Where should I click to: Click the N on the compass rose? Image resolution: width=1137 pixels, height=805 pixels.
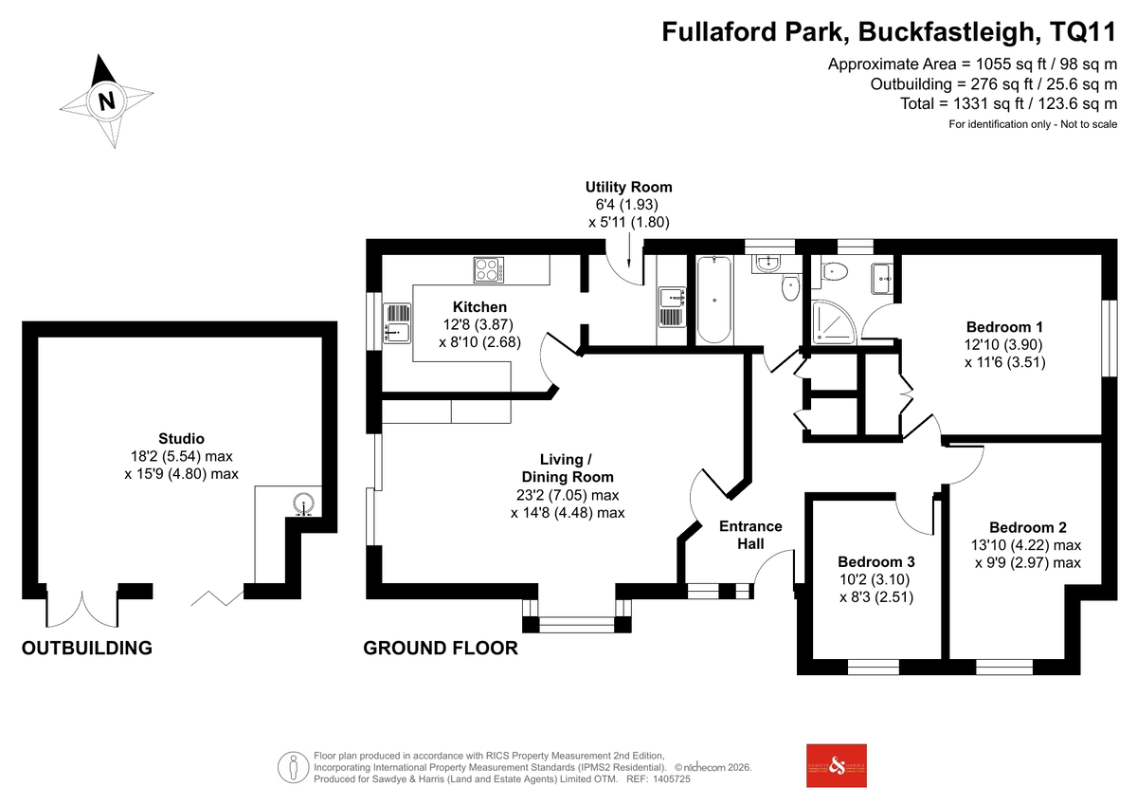106,101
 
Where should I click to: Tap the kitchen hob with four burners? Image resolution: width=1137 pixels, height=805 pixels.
489,269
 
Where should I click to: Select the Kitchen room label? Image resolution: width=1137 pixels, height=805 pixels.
479,307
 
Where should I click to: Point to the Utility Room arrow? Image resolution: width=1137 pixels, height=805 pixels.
629,250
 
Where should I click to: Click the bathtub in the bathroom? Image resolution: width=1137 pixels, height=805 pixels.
714,300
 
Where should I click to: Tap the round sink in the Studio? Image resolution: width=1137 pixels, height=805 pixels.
303,503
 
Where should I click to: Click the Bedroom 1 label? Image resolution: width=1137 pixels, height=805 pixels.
1004,327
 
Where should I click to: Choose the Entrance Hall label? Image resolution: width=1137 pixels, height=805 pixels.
750,535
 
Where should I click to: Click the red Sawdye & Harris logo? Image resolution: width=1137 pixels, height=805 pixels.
837,766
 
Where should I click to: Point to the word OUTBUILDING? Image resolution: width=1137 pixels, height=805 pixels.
87,648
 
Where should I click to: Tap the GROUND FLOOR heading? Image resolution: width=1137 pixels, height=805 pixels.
441,648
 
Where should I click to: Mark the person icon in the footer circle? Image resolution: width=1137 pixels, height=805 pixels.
294,767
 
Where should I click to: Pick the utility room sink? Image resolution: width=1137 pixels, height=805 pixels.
672,307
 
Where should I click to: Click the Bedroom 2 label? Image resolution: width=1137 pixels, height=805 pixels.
1028,528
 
